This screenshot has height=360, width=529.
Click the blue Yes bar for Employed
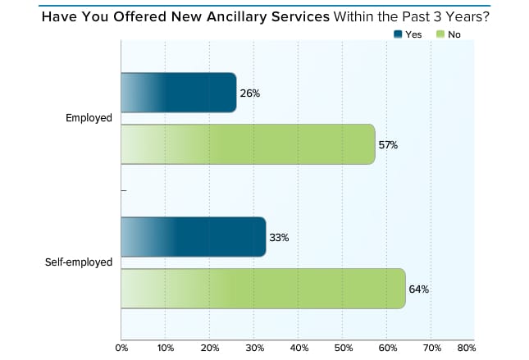[179, 93]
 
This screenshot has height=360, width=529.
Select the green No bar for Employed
[248, 144]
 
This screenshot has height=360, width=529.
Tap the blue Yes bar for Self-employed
[194, 237]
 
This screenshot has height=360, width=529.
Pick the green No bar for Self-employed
[263, 289]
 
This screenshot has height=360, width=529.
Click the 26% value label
[250, 93]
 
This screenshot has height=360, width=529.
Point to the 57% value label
[388, 145]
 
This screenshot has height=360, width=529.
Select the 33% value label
[279, 238]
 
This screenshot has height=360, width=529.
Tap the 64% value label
[418, 289]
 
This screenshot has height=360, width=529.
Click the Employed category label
[89, 118]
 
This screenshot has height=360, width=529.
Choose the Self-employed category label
[79, 262]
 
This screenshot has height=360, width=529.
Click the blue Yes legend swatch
[398, 34]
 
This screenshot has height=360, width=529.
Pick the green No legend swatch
[440, 34]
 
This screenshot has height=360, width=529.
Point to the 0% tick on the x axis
[121, 348]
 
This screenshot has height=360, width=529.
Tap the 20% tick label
[210, 348]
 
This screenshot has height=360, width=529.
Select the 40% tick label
[299, 348]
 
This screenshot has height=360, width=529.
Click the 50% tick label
[344, 348]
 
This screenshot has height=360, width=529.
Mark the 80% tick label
[467, 348]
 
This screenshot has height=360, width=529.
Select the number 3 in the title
[437, 16]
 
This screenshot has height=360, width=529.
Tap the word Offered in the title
[140, 16]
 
